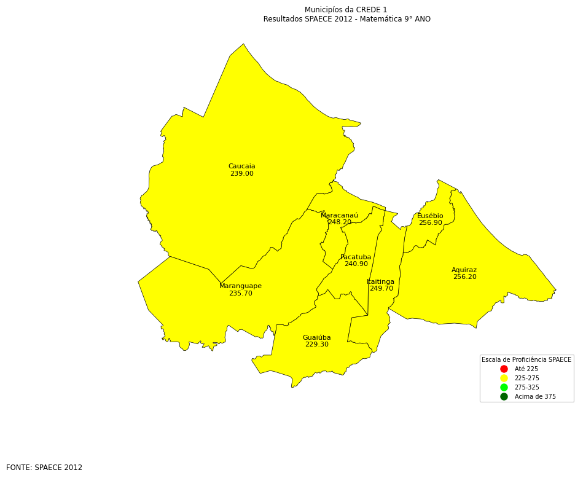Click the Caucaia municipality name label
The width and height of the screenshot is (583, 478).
click(241, 167)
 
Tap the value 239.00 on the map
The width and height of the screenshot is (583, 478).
click(241, 174)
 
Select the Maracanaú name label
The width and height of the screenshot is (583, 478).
click(339, 216)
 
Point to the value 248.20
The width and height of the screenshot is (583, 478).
click(340, 222)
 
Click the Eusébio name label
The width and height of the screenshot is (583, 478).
click(430, 216)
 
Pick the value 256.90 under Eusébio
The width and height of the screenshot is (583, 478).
click(430, 223)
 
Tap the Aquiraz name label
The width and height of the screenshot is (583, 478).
click(464, 270)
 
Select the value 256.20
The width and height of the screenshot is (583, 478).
click(464, 277)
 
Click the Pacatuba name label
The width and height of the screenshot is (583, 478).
click(356, 257)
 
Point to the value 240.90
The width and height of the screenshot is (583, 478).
click(356, 264)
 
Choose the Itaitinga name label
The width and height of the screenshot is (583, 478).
click(381, 282)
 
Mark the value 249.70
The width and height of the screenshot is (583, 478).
click(381, 289)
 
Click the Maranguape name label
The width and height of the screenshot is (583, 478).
click(240, 286)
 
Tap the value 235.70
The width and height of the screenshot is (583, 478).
click(240, 294)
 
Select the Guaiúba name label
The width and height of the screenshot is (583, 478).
click(316, 338)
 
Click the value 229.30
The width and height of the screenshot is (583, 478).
click(316, 345)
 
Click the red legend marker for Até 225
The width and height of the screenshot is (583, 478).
click(504, 369)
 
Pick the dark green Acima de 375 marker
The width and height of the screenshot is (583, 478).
click(504, 397)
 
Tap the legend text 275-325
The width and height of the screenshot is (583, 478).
click(526, 388)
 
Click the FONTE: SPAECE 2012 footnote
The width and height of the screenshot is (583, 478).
click(44, 468)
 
